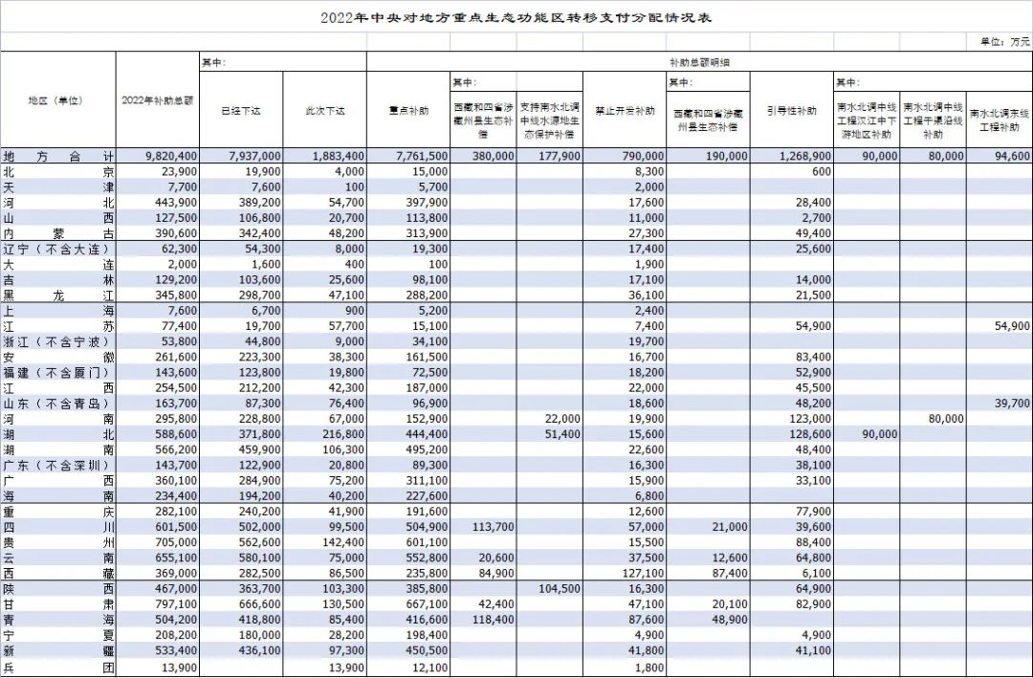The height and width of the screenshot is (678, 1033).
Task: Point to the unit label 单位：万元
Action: coord(1004,42)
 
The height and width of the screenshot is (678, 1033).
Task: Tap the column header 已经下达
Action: coord(241,111)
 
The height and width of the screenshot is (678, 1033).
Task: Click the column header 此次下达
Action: coord(324,111)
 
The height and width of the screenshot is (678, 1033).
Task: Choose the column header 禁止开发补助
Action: coord(625,111)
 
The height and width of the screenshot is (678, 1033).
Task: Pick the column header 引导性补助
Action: coord(792,111)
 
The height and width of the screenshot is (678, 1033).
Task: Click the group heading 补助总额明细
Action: coord(697,61)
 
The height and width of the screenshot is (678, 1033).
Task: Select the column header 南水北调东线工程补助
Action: coord(1000,120)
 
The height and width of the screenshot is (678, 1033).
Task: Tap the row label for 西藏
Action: coord(57,573)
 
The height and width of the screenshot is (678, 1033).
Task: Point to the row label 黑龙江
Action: coord(57,296)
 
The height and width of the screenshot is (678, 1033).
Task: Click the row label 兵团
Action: coord(57,666)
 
